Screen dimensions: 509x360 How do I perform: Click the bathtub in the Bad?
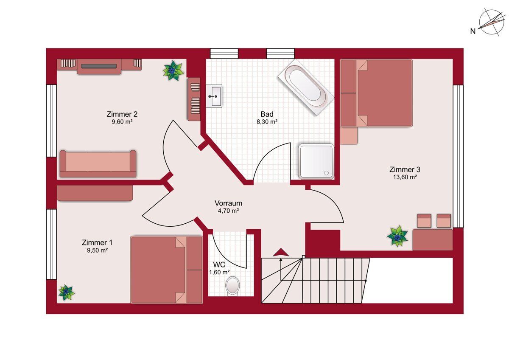click(306, 87)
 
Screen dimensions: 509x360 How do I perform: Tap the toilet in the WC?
click(232, 286)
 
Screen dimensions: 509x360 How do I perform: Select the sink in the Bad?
click(214, 96)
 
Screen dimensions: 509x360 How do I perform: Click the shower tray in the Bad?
click(316, 161)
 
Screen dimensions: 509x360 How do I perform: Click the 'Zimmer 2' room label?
click(122, 114)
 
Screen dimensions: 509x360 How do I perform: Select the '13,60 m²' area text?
click(405, 177)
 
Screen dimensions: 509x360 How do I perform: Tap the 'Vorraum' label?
click(228, 203)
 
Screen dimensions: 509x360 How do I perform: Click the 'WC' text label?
click(219, 264)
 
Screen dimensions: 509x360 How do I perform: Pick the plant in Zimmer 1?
click(66, 292)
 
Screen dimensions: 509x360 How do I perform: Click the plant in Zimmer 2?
click(173, 70)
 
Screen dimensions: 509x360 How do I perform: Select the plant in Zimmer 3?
click(397, 236)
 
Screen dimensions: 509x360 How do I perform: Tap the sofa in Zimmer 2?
click(98, 163)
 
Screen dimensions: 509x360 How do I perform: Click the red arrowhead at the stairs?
click(281, 252)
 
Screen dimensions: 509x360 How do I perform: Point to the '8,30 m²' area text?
click(267, 122)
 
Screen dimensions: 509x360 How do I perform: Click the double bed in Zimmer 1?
click(166, 270)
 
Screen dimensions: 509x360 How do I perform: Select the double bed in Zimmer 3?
click(376, 93)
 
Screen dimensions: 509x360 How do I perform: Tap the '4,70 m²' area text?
click(228, 211)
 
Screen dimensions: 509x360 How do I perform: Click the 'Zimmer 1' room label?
click(97, 242)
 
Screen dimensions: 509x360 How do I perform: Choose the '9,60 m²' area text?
click(122, 122)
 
